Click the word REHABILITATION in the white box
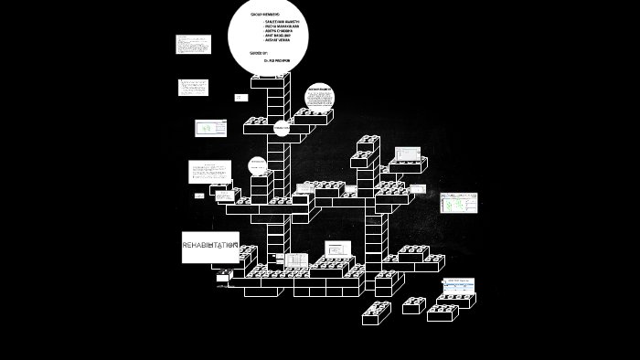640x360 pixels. pyautogui.click(x=210, y=246)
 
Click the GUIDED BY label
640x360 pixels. pyautogui.click(x=258, y=53)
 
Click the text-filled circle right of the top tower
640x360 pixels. pyautogui.click(x=319, y=97)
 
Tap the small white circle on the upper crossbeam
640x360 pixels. pyautogui.click(x=282, y=130)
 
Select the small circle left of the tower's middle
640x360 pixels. pyautogui.click(x=258, y=165)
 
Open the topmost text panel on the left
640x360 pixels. pyautogui.click(x=193, y=44)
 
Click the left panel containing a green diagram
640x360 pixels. pyautogui.click(x=211, y=128)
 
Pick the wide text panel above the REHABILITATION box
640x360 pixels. pyautogui.click(x=209, y=171)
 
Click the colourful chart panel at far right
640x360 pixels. pyautogui.click(x=458, y=202)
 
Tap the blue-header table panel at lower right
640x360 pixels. pyautogui.click(x=458, y=286)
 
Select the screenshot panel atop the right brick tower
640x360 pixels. pyautogui.click(x=408, y=154)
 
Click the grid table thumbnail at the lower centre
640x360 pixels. pyautogui.click(x=296, y=260)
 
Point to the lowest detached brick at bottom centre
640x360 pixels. pyautogui.click(x=376, y=313)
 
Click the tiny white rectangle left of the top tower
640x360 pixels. pyautogui.click(x=240, y=97)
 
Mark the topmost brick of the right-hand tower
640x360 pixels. pyautogui.click(x=368, y=143)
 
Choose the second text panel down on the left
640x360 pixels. pyautogui.click(x=193, y=88)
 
